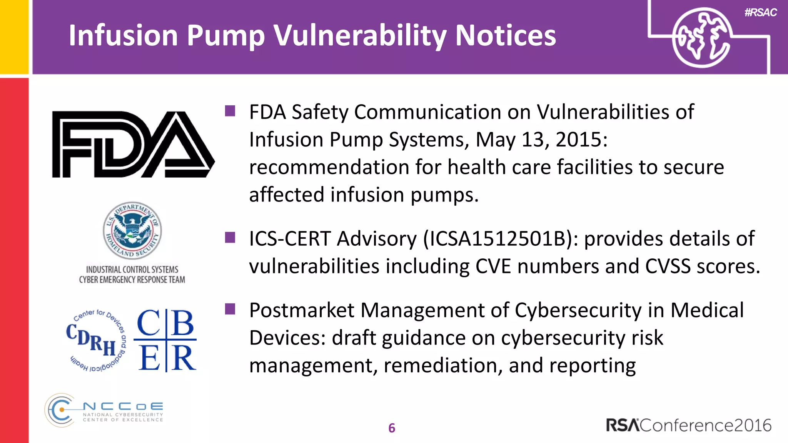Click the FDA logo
point(133,144)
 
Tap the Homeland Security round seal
point(132,231)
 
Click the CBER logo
point(166,340)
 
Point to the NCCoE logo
point(104,410)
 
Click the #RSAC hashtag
point(760,13)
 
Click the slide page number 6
point(392,428)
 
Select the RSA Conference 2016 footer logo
point(689,425)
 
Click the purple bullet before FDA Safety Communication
point(230,111)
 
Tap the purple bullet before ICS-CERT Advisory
point(230,238)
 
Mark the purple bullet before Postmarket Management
point(230,309)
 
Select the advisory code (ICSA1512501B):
point(500,239)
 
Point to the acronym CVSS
point(668,266)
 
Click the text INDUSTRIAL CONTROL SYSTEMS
point(132,270)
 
